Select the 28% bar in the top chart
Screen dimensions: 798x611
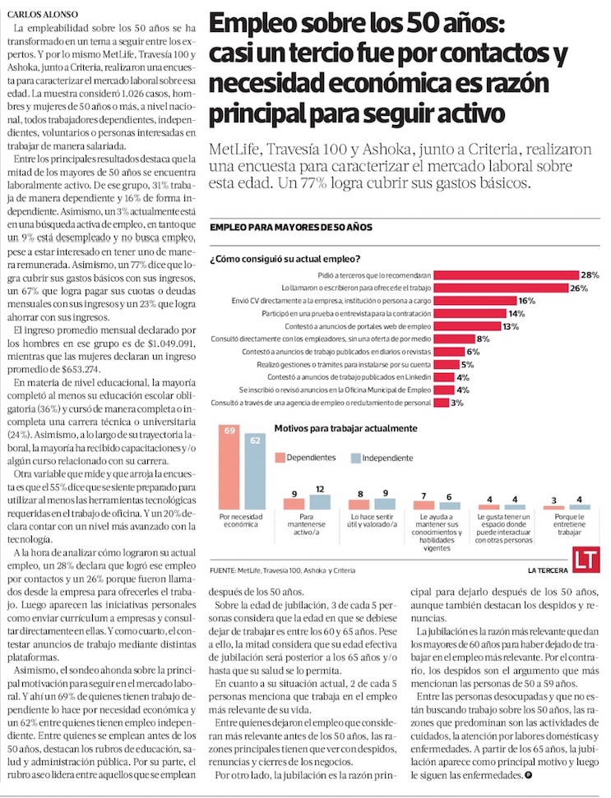click(x=506, y=274)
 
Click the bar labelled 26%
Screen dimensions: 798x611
click(x=501, y=288)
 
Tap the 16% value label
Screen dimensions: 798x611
click(x=527, y=301)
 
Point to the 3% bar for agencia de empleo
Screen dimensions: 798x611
click(x=440, y=403)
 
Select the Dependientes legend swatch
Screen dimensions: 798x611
click(x=280, y=457)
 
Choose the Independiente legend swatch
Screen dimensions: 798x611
click(x=356, y=457)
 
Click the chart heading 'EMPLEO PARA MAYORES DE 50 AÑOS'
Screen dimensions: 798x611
click(x=292, y=226)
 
